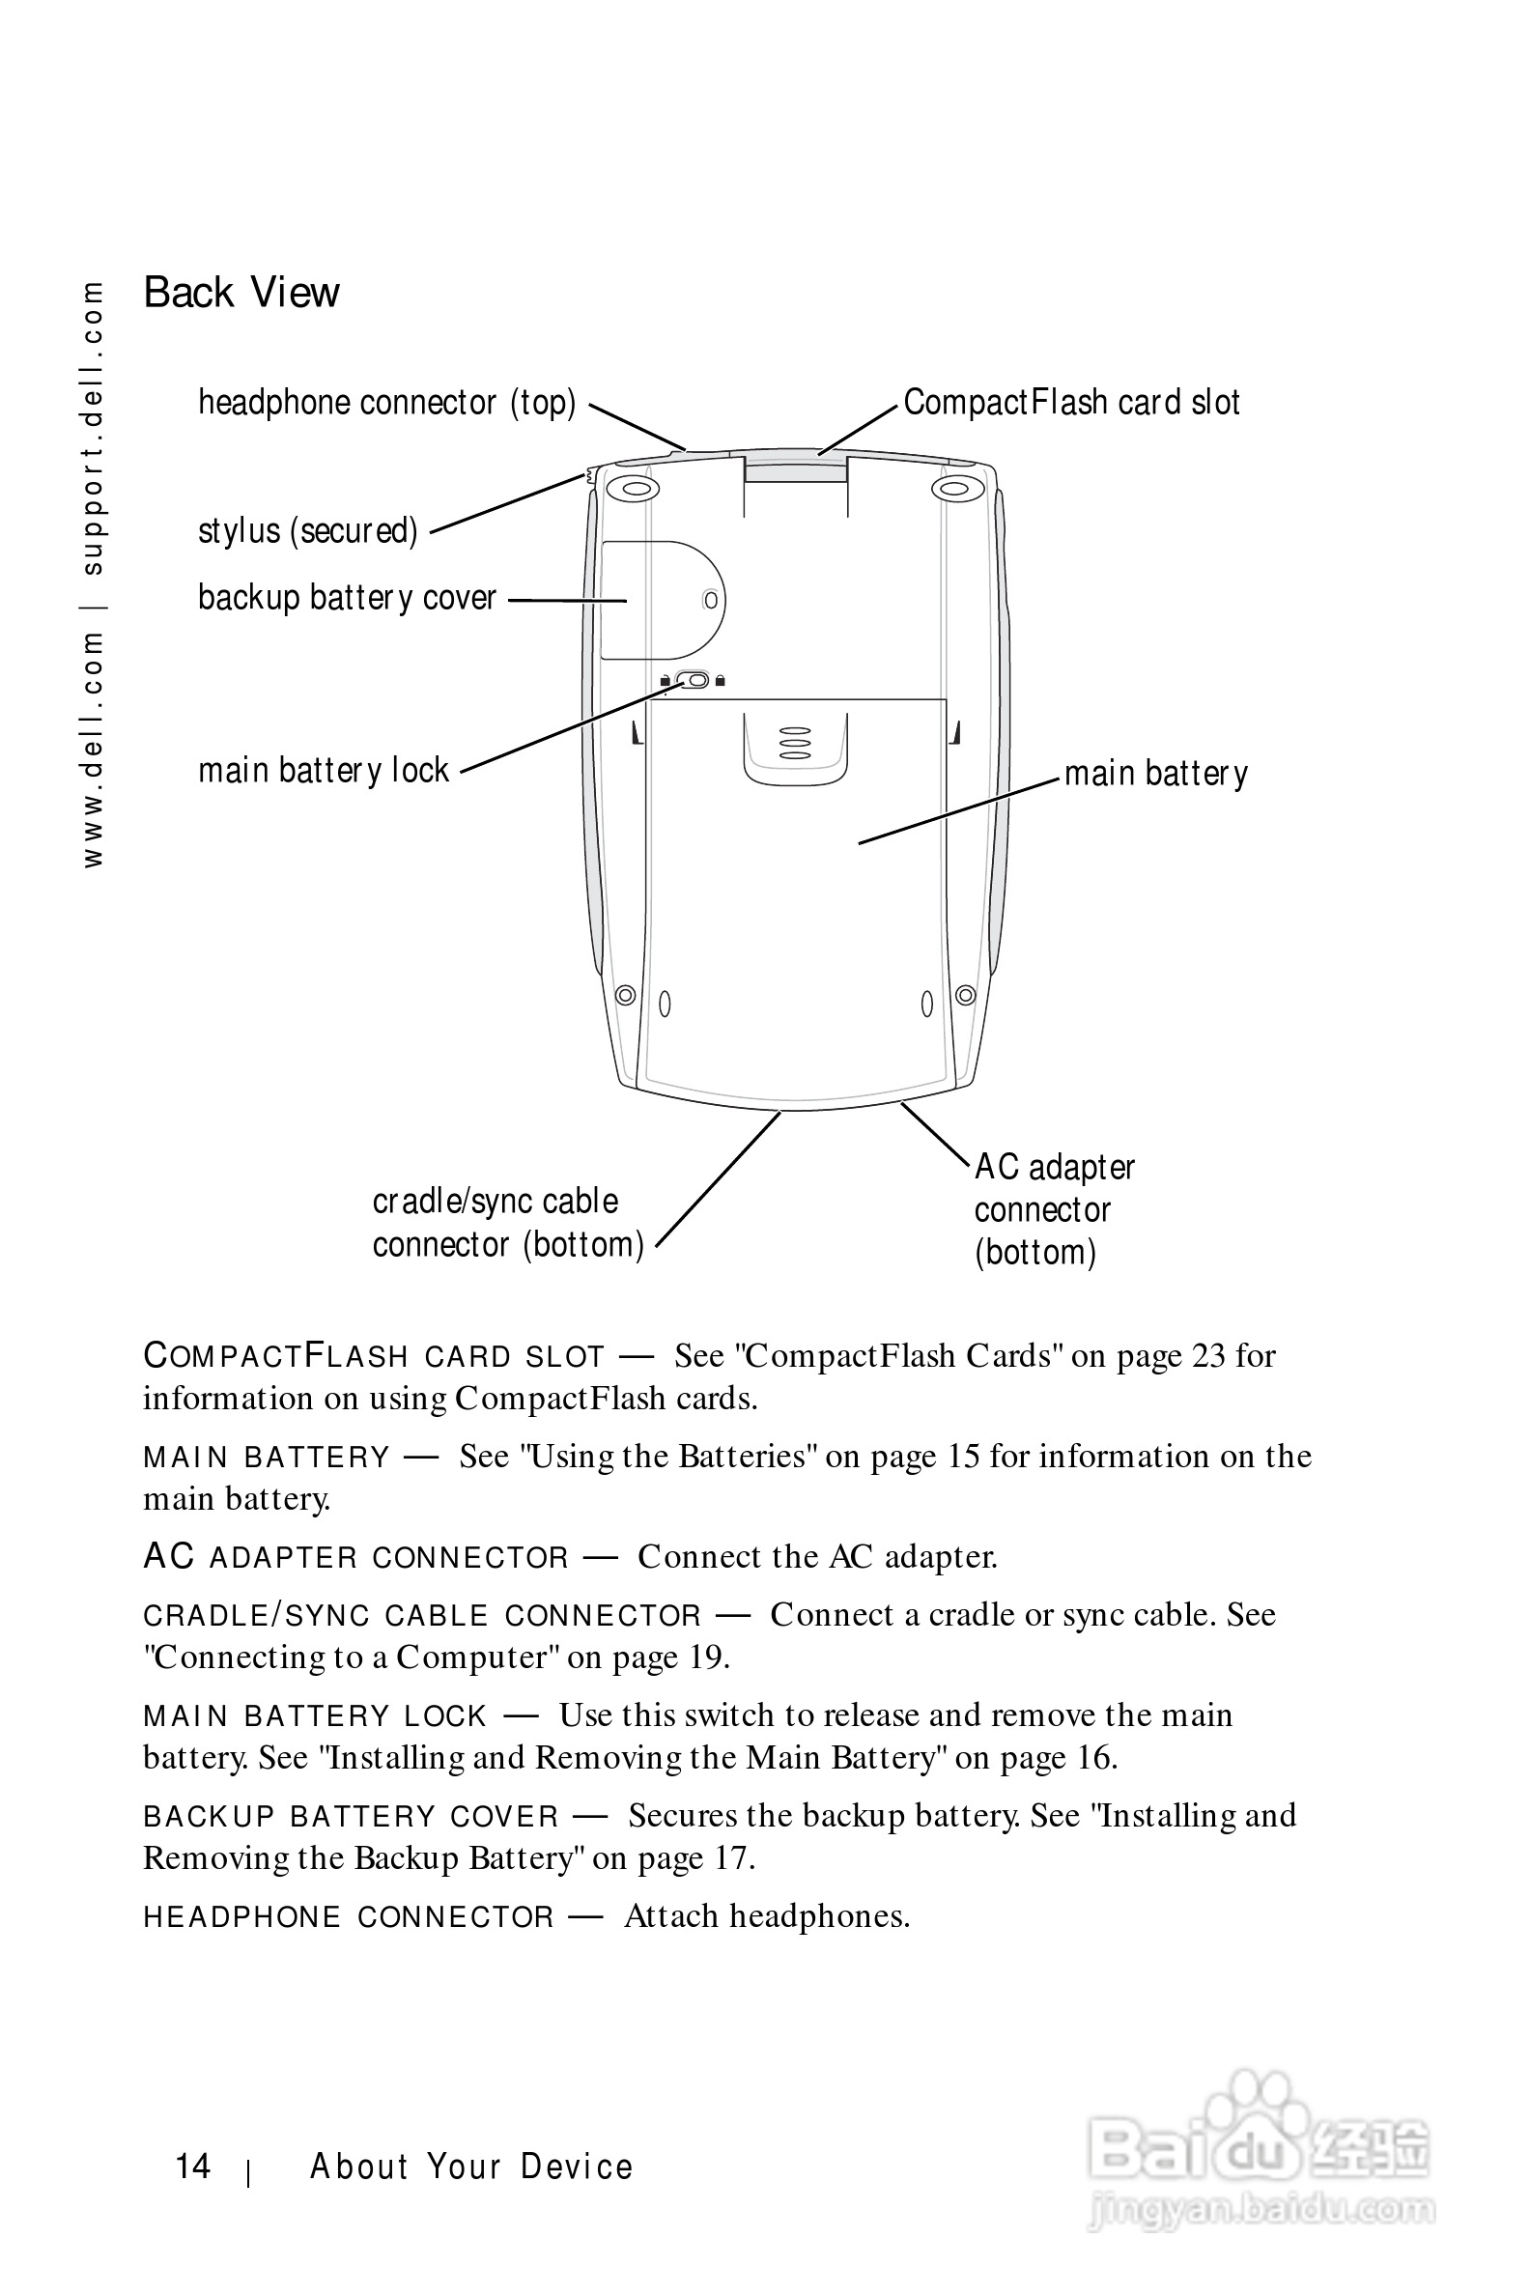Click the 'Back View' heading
click(x=241, y=292)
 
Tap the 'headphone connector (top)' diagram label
click(x=386, y=402)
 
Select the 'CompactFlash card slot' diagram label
click(x=1070, y=402)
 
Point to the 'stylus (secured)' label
click(x=307, y=531)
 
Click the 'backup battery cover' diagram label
click(x=347, y=597)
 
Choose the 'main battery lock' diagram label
click(x=323, y=771)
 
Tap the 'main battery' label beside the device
click(x=1155, y=774)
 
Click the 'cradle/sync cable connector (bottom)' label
click(x=507, y=1223)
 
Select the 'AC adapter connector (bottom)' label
click(x=1053, y=1209)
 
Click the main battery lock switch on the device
click(x=693, y=679)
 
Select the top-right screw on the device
click(x=957, y=488)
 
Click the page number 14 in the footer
click(x=192, y=2167)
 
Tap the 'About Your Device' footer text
click(x=471, y=2167)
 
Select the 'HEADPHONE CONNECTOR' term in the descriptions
click(x=349, y=1917)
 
